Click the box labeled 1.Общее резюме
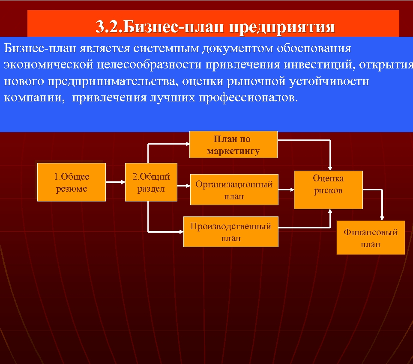71,182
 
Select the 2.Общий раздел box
151,182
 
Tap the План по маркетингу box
233,145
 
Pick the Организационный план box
234,189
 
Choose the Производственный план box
230,231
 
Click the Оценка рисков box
328,189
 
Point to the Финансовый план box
371,237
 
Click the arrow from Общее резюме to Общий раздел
115,182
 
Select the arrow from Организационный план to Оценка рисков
286,189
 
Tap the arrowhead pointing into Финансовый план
382,218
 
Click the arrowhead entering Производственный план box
180,231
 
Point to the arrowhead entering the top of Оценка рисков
330,168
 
